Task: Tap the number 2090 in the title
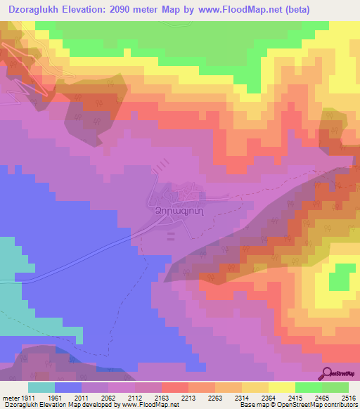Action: tap(123, 8)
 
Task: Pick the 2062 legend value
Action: tap(109, 398)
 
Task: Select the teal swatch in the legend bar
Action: tap(41, 387)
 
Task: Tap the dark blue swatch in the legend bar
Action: tap(68, 387)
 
